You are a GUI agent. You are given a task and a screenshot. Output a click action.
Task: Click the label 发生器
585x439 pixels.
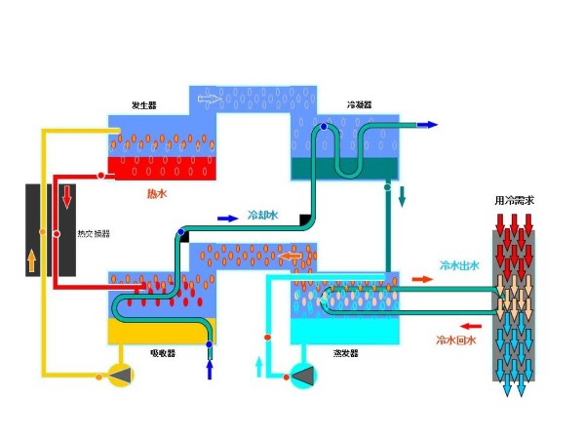pos(143,105)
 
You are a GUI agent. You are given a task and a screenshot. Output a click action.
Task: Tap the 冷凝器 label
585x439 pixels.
pos(359,104)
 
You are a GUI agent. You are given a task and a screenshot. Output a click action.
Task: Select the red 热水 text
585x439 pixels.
pos(157,193)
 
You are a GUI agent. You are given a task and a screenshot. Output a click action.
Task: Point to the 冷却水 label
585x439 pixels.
pos(262,215)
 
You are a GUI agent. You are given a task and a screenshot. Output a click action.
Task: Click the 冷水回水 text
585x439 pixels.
pos(454,340)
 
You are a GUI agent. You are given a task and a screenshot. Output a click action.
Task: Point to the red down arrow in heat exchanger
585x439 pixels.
pos(67,198)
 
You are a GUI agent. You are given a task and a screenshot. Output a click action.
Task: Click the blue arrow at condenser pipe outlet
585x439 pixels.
pos(427,125)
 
